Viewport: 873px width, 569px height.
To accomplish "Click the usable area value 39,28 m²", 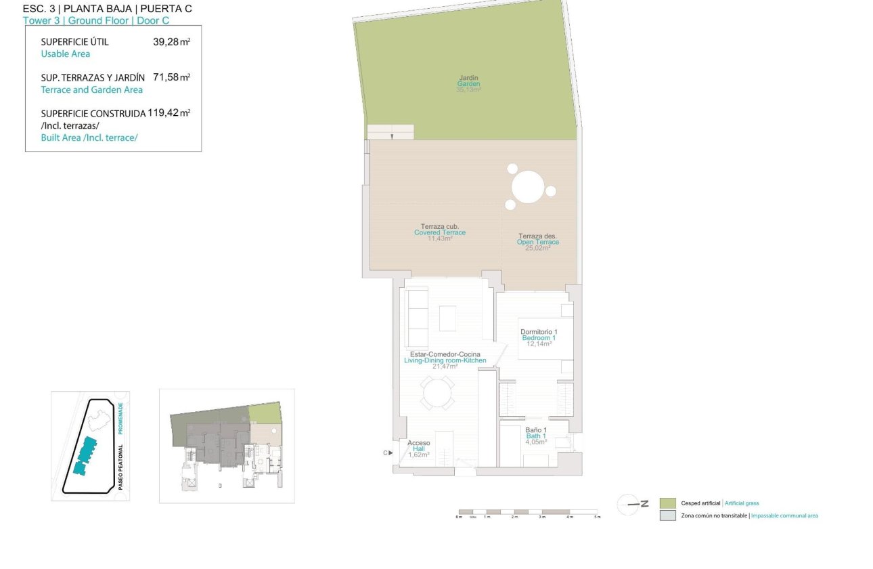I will coord(171,42).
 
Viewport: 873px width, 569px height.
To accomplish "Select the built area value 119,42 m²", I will coord(169,113).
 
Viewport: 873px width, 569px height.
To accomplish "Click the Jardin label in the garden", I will coord(468,78).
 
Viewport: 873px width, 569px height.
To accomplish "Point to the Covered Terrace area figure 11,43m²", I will coord(439,239).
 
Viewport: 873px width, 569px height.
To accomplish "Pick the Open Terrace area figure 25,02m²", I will coord(538,248).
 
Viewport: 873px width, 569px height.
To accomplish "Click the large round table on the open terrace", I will coord(529,187).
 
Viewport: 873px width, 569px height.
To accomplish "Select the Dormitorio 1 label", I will coord(539,331).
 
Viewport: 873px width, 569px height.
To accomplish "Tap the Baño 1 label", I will coord(536,429).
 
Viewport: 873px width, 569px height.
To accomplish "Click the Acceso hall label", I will coord(419,443).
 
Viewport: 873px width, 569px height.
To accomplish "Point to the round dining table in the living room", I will coord(438,393).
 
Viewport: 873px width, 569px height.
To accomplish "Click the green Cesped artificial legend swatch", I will coord(668,503).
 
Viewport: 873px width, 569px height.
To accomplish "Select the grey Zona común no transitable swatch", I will coord(668,515).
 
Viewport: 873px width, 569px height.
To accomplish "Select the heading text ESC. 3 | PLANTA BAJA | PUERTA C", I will coord(107,9).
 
